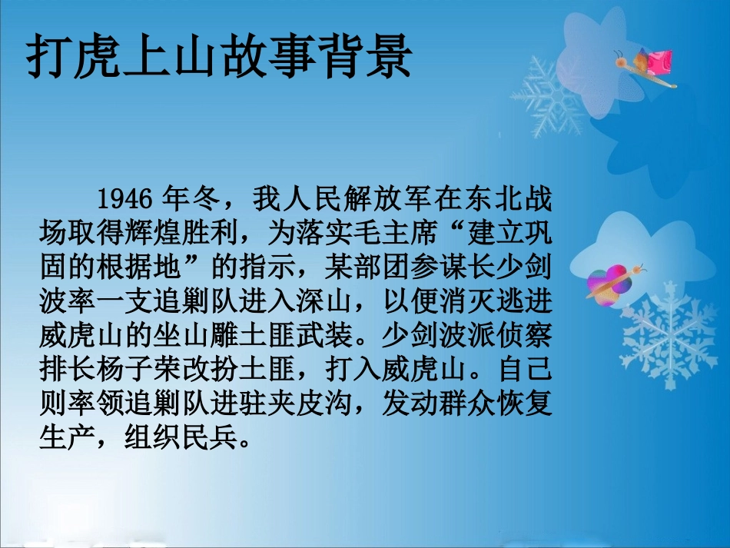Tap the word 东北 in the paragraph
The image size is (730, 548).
click(483, 199)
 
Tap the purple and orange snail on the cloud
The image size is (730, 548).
click(611, 282)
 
